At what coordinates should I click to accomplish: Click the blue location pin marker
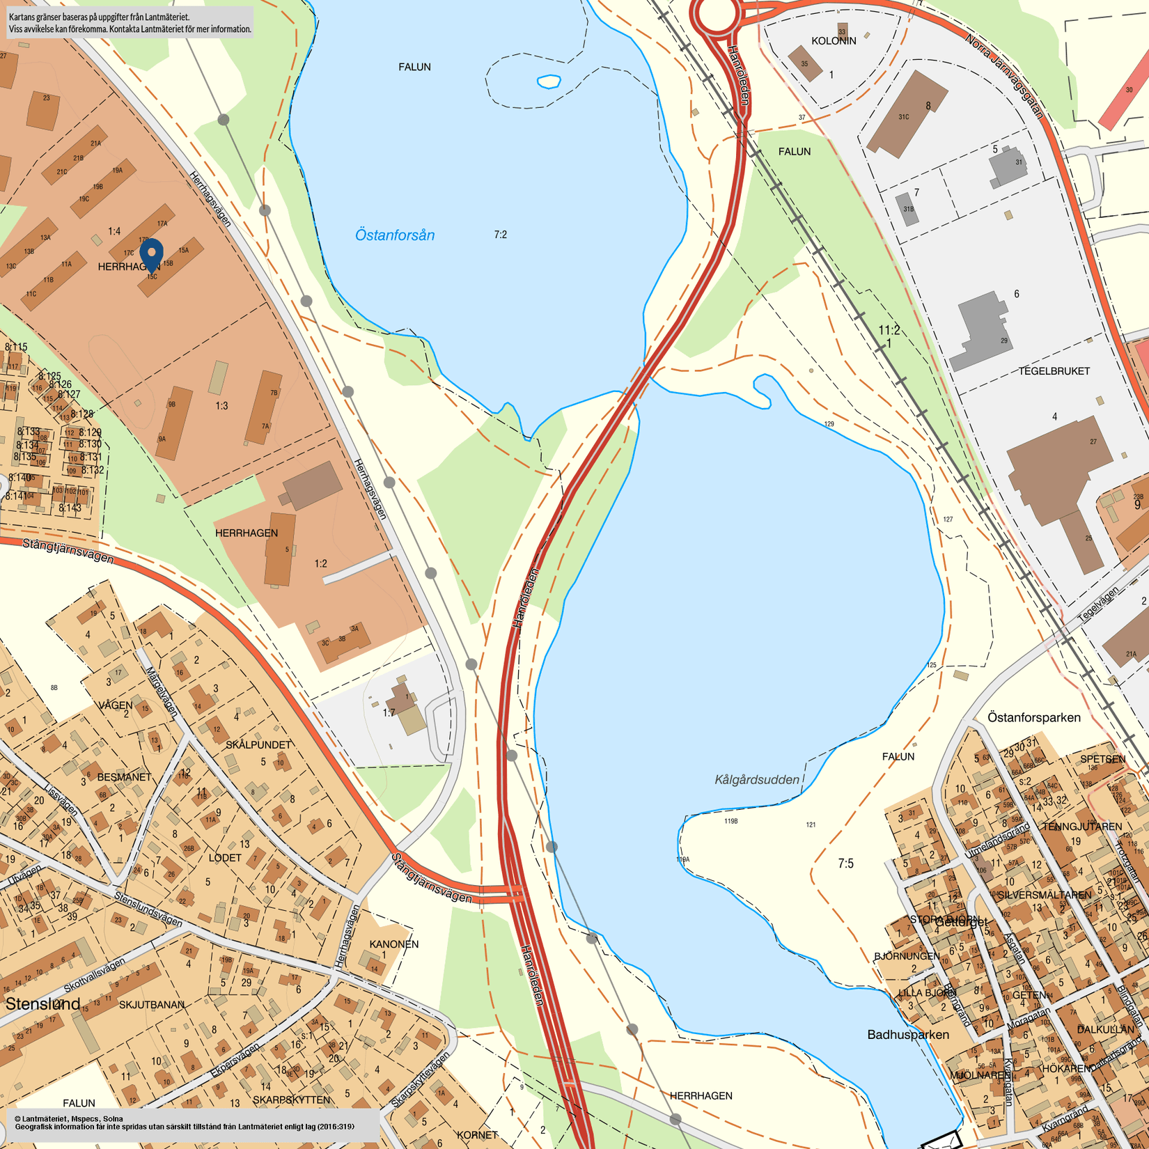[152, 254]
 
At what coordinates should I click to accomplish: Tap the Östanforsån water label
[394, 235]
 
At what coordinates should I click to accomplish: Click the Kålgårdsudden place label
[757, 779]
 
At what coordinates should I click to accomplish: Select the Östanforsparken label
[1034, 717]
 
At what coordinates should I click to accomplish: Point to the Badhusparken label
[908, 1035]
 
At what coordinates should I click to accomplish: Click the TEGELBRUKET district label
[1054, 371]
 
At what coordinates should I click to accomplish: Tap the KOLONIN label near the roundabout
[834, 41]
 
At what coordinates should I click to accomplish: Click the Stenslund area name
[43, 1004]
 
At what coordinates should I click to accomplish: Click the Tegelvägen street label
[1097, 604]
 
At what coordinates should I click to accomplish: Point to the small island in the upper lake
[549, 81]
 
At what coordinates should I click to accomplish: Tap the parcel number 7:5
[845, 863]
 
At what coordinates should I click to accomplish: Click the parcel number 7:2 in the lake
[500, 235]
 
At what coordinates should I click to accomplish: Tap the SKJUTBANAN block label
[152, 1005]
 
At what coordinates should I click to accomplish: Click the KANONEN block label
[394, 944]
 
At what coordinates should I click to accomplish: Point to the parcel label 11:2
[889, 330]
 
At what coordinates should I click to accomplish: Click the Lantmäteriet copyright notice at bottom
[185, 1123]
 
